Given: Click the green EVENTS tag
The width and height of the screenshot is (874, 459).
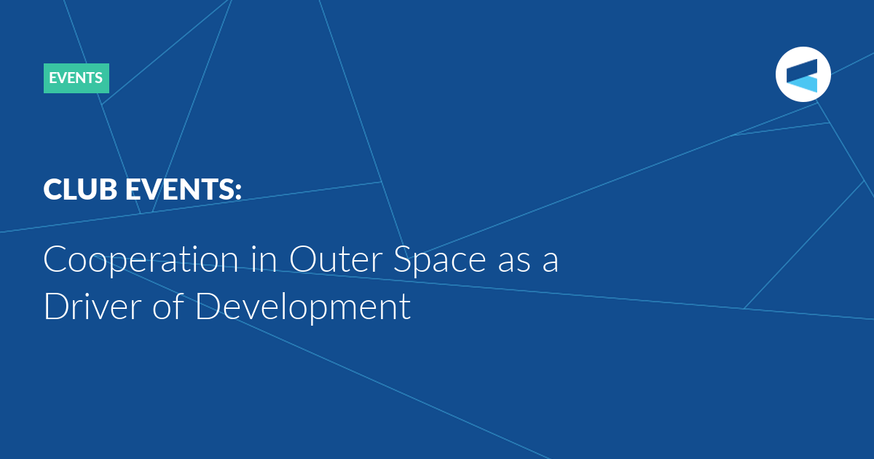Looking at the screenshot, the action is coord(76,78).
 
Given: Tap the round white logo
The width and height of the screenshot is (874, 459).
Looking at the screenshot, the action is coord(803,74).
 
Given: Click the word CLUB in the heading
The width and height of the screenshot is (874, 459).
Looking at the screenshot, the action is coord(80,189).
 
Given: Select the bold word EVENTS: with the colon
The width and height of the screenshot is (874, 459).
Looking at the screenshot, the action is coord(184,189).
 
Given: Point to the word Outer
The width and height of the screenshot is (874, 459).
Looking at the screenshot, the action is coord(336,259).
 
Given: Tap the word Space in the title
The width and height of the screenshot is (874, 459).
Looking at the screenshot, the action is coord(439,261).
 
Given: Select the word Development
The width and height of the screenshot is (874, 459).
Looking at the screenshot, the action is coord(303,307).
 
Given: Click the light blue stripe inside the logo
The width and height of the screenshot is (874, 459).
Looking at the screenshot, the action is coord(804,84).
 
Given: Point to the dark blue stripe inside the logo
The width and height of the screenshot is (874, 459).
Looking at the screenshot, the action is coord(802,70).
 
